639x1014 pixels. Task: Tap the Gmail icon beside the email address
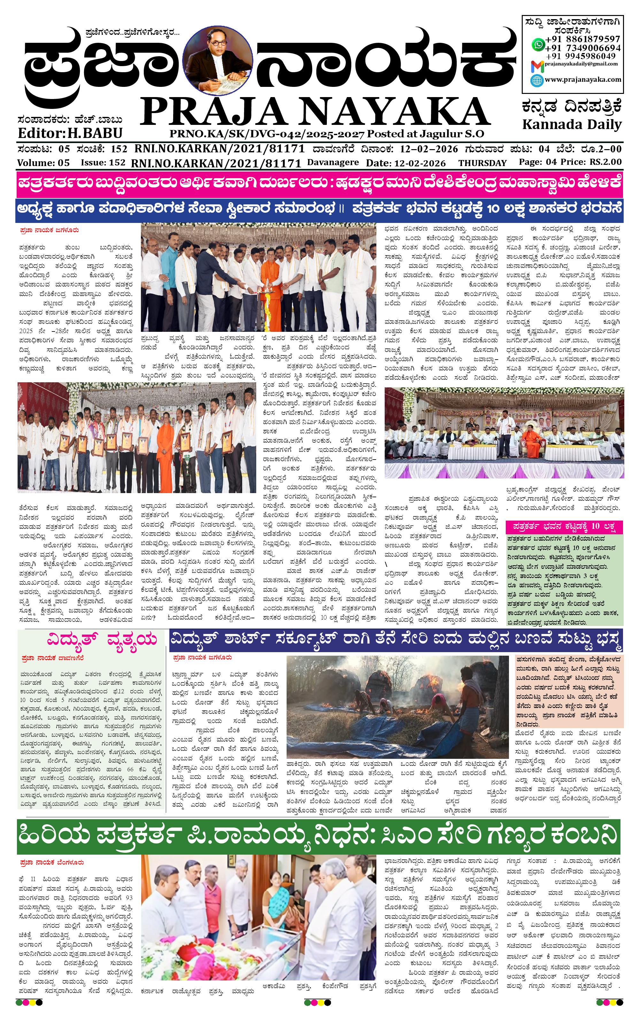tap(537, 66)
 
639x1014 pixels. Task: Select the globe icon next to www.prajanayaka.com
tap(537, 80)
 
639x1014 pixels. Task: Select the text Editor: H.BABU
tap(70, 133)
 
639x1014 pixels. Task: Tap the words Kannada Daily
tap(572, 125)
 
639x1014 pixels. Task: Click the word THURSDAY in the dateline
tap(482, 163)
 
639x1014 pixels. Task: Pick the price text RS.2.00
tap(605, 162)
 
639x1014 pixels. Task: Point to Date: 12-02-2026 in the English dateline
tap(406, 163)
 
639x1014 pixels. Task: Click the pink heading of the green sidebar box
tap(564, 526)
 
